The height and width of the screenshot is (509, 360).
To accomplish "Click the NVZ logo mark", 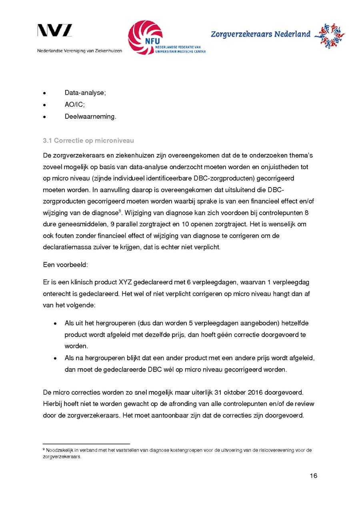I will point(55,30).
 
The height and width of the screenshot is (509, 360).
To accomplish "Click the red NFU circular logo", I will point(145,38).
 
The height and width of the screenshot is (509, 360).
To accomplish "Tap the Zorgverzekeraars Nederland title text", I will point(260,34).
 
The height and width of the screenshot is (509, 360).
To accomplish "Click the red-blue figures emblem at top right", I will point(330,35).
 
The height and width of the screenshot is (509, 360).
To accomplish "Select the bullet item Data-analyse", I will point(85,93).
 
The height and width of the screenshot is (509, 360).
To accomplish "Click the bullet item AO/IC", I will point(74,105).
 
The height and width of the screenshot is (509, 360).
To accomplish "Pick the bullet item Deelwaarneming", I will point(90,117).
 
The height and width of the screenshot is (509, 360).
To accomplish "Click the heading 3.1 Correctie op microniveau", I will point(88,140).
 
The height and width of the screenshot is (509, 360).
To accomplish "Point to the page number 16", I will point(313,475).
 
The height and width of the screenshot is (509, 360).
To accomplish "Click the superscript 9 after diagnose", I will point(119,211).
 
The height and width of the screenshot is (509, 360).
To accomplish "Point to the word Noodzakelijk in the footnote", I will point(58,450).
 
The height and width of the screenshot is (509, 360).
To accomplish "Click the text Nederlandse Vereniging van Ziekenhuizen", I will point(80,51).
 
